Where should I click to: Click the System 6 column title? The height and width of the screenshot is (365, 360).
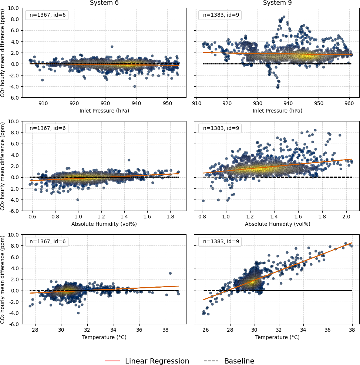104,3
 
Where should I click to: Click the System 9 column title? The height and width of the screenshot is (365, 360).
277,3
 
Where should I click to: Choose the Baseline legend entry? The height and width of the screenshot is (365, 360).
229,361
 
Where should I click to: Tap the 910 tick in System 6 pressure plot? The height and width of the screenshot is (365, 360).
43,104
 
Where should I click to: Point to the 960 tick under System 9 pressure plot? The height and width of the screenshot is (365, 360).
349,104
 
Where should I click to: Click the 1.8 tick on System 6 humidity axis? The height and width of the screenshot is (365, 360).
170,217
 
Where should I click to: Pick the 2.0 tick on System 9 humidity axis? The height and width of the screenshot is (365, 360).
346,217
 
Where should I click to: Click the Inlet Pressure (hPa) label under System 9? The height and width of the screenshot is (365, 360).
277,111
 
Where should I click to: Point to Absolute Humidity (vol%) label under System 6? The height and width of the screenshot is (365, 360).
104,224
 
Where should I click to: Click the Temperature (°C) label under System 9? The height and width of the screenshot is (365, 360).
277,337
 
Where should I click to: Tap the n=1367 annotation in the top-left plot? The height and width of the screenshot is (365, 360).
47,15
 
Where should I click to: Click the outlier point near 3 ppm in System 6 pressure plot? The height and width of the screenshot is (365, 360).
112,47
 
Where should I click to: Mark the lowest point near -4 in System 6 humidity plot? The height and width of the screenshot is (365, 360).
78,200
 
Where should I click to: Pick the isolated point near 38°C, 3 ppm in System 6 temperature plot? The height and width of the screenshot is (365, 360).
170,273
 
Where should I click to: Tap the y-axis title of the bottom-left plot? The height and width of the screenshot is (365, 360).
3,279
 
